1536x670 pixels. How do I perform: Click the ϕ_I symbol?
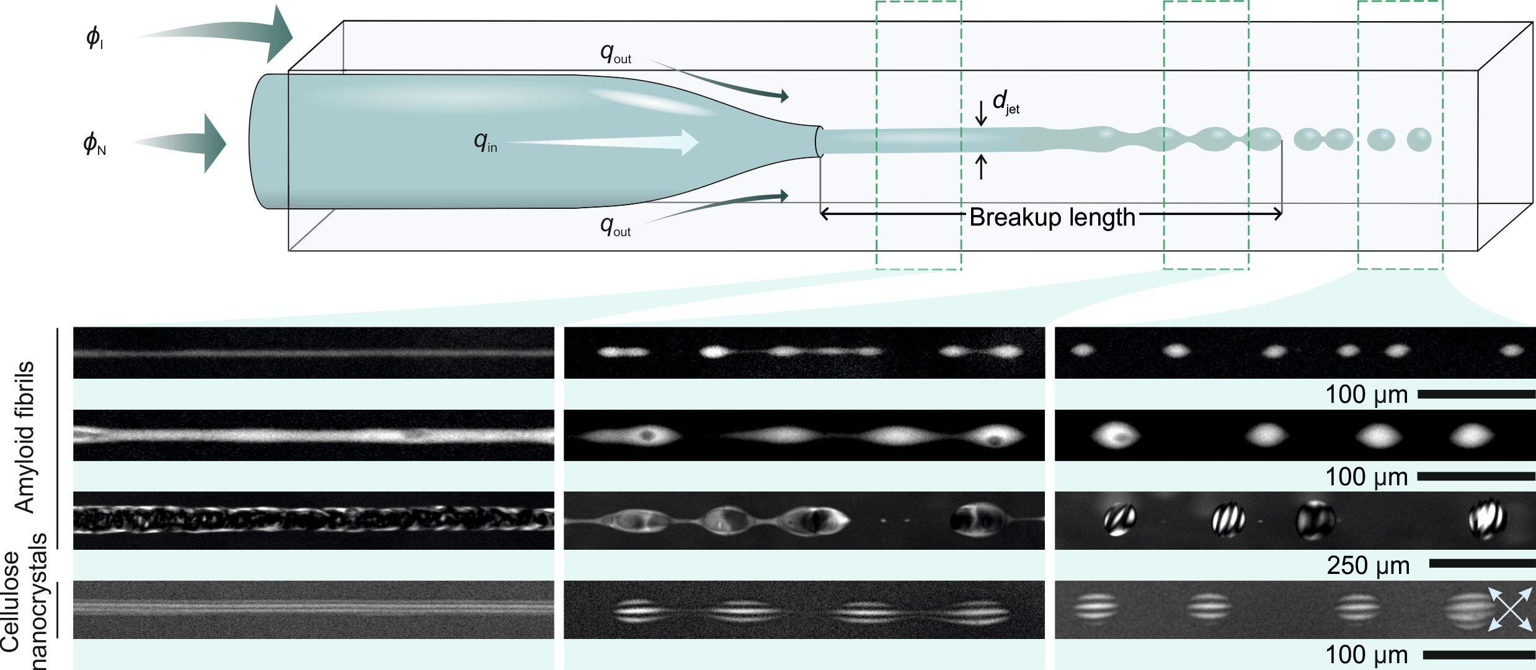click(x=94, y=38)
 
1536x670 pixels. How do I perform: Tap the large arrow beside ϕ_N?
click(x=186, y=143)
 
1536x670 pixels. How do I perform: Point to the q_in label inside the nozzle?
click(x=486, y=142)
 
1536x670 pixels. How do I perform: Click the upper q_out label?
click(x=615, y=53)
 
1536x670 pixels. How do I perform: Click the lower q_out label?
click(x=615, y=226)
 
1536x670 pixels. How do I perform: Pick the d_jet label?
click(x=1005, y=102)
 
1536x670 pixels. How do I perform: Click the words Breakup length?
click(x=1052, y=218)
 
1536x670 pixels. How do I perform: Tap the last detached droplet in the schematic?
click(x=1419, y=139)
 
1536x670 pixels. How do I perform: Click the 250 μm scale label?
click(x=1368, y=565)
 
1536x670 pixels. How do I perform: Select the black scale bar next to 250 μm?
click(x=1482, y=563)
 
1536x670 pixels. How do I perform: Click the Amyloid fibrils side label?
click(x=24, y=437)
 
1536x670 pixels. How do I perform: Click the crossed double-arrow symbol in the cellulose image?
click(x=1511, y=609)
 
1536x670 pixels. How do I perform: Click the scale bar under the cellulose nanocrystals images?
click(x=1479, y=655)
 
